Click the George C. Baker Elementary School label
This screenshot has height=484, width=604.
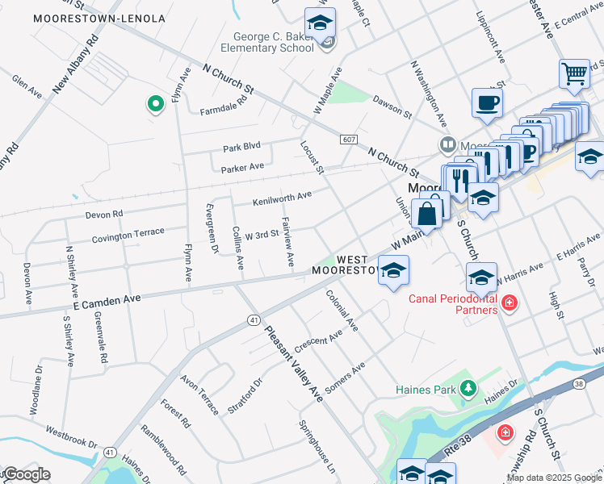274,42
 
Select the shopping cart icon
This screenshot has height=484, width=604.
574,73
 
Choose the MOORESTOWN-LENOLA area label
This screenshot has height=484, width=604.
99,18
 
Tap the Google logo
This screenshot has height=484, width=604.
26,474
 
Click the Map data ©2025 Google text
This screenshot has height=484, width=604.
554,478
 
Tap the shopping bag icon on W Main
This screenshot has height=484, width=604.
427,214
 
